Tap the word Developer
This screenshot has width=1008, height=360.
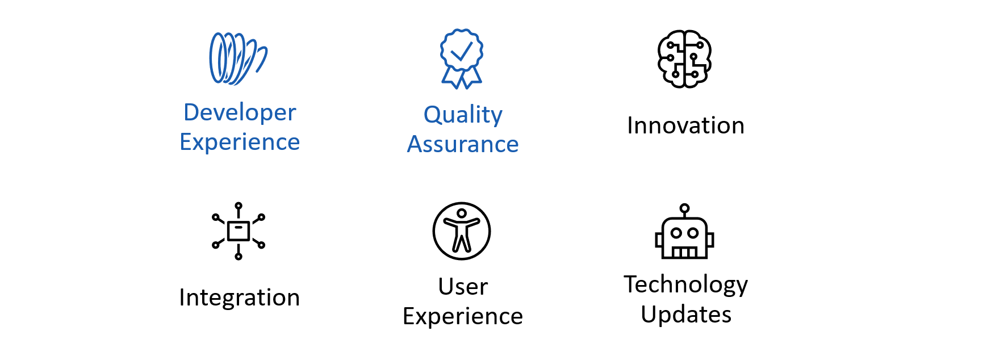(x=240, y=112)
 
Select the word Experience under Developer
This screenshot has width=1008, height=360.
(x=240, y=142)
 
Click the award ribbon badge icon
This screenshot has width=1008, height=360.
(x=462, y=58)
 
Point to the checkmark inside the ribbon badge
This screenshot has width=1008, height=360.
(x=462, y=52)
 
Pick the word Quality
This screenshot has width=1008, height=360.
(x=463, y=115)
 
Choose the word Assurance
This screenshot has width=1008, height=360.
(x=463, y=144)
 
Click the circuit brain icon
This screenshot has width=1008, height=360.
(x=685, y=59)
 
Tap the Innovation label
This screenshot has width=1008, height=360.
(x=685, y=125)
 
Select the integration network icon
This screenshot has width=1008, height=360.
(x=239, y=231)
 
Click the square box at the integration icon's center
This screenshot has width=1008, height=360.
(x=239, y=231)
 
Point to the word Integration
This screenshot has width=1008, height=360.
(x=239, y=298)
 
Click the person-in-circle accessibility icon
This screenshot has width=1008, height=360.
(x=462, y=231)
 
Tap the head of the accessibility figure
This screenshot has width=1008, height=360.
(x=462, y=214)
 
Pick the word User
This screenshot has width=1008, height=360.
(x=463, y=287)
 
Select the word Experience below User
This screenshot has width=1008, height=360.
(x=463, y=316)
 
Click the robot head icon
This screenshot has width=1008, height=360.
(x=685, y=231)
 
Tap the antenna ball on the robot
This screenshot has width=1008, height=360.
(x=685, y=208)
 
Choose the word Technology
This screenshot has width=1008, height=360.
(x=686, y=285)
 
